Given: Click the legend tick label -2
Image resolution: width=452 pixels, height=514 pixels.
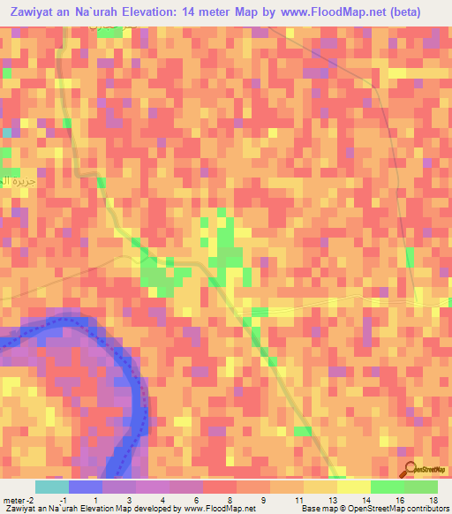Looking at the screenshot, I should click(32, 499).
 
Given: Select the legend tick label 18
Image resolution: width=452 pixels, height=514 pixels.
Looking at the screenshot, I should click(433, 499).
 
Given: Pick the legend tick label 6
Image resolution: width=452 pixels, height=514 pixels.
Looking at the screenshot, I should click(197, 499).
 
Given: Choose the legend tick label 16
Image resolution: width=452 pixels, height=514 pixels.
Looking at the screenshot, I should click(399, 499).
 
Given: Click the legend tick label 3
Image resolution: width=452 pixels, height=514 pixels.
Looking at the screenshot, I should click(129, 499).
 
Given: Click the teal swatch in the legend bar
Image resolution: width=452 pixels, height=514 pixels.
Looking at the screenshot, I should click(51, 487).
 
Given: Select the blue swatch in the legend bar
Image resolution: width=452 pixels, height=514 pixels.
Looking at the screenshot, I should click(85, 487).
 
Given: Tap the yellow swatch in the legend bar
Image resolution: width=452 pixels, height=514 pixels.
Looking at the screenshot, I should click(353, 487).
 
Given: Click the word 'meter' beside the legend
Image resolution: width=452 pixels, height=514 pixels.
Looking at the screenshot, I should click(13, 499).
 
